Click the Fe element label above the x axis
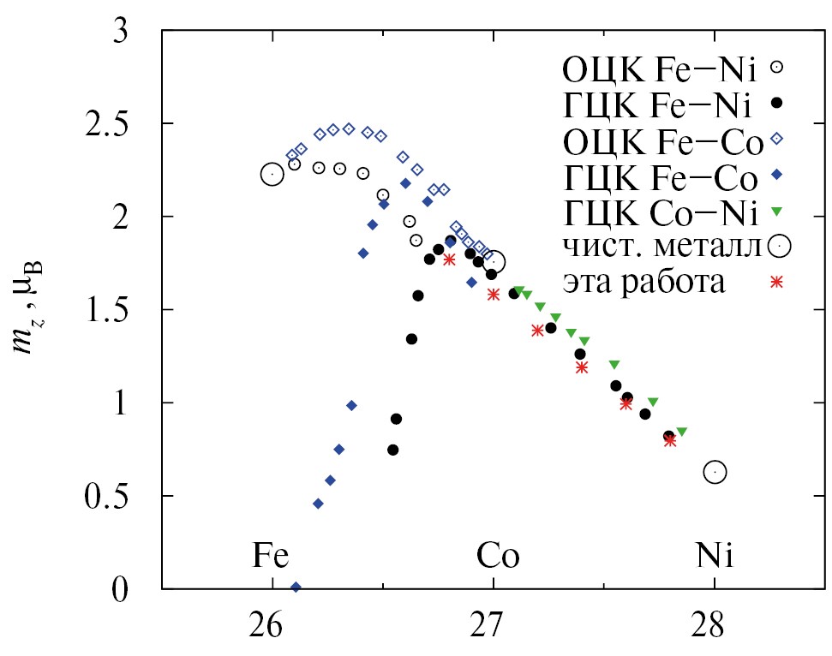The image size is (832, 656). pos(271,557)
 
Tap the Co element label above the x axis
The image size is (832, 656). pos(498,557)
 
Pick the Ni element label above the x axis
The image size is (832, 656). pos(714,557)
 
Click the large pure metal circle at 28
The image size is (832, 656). pos(715,472)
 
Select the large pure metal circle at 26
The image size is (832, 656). pos(272,174)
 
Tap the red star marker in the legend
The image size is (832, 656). pos(777,282)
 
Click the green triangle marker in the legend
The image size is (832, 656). pos(777,210)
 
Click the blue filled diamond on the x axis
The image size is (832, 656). pos(296,587)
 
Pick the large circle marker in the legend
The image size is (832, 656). pos(777,246)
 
